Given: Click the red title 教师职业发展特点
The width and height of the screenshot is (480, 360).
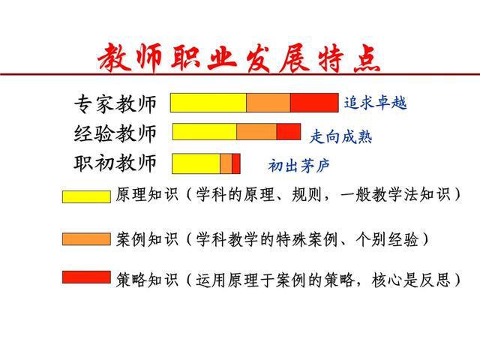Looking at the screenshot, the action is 239,58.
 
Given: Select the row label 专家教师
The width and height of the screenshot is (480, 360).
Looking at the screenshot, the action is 115,103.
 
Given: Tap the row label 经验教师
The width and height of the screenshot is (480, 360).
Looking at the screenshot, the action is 115,133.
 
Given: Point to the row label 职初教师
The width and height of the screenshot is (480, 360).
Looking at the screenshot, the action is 115,162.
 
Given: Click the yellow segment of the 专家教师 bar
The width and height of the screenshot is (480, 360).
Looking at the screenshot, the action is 208,103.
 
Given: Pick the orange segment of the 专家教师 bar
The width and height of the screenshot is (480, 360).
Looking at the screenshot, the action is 268,103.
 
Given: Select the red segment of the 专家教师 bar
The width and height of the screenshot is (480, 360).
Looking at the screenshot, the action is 314,103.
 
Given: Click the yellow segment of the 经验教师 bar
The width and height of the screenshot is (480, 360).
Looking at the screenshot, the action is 205,132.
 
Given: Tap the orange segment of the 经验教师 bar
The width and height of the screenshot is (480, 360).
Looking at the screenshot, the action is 256,132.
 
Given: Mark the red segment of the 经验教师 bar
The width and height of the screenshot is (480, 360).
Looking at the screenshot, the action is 289,132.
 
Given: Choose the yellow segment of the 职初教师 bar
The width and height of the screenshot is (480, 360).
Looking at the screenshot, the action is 196,163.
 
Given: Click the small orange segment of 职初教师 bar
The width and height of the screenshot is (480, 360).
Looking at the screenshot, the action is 226,163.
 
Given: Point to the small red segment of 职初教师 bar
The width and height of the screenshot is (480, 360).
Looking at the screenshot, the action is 236,163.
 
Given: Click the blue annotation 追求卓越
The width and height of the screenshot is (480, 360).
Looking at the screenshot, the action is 375,103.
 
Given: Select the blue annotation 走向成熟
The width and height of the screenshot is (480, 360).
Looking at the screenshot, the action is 341,136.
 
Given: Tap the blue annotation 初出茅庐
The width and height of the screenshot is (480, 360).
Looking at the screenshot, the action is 298,166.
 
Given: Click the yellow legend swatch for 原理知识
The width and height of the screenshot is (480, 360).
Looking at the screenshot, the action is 86,196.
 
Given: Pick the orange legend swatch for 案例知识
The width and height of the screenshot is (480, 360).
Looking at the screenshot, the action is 86,239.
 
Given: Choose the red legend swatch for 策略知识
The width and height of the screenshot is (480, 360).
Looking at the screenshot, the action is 86,277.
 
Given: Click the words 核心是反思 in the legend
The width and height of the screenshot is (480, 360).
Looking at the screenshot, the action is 411,280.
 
